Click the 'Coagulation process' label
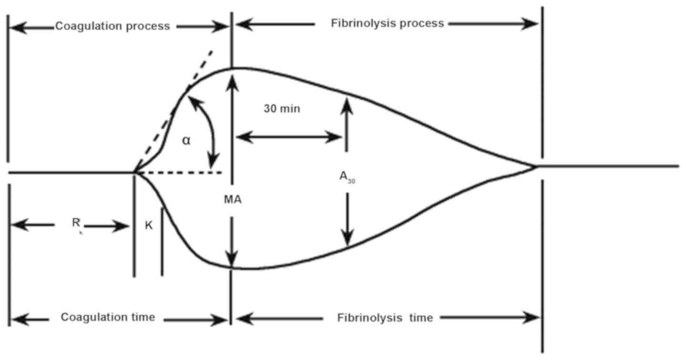click(112, 26)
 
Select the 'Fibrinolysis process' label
click(388, 23)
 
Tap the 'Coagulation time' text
click(108, 317)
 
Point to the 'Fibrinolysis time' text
click(386, 318)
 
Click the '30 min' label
click(282, 109)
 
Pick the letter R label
click(75, 221)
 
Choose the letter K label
click(149, 226)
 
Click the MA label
click(232, 200)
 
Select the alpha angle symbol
click(186, 140)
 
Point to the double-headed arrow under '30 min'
click(288, 138)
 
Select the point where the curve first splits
click(135, 171)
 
